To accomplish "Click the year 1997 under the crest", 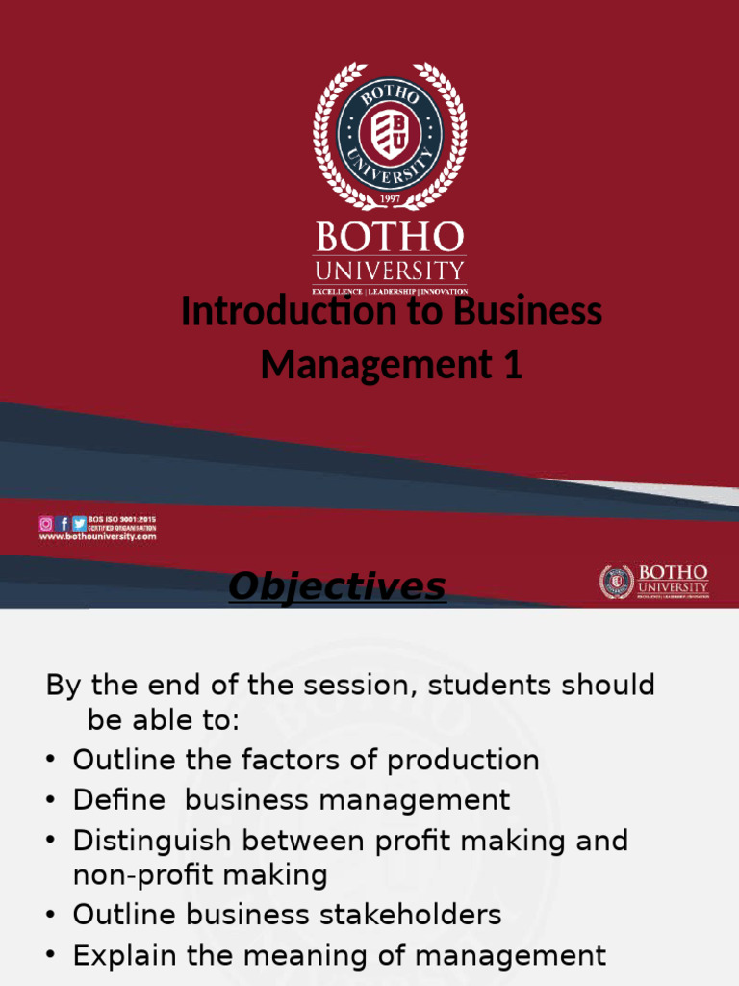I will pyautogui.click(x=389, y=198).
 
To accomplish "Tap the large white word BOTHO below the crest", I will pyautogui.click(x=389, y=237).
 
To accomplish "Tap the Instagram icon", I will pyautogui.click(x=46, y=524).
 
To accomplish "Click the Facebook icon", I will pyautogui.click(x=63, y=524).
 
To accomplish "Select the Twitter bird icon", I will pyautogui.click(x=79, y=524).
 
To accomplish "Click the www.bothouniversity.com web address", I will pyautogui.click(x=97, y=537).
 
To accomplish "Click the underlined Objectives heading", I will pyautogui.click(x=337, y=585).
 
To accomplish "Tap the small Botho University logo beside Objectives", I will pyautogui.click(x=654, y=581).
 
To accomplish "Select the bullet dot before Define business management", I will pyautogui.click(x=49, y=800).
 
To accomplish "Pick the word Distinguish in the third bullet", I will pyautogui.click(x=153, y=841).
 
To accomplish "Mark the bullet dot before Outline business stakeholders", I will pyautogui.click(x=49, y=915).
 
